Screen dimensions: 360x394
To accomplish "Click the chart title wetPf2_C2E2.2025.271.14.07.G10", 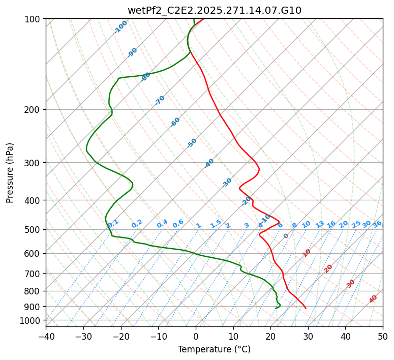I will point(214,10).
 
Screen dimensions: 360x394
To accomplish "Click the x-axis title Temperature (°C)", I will point(214,350).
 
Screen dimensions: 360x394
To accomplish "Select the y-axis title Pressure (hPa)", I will point(10,172).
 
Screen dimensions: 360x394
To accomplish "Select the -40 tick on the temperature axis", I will point(46,336).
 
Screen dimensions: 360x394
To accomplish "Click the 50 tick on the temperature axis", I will point(383,336).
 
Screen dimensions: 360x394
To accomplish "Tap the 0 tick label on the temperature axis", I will point(196,336).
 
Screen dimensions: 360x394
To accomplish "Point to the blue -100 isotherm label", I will point(121,27).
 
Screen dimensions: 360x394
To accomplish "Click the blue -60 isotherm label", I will point(175,122).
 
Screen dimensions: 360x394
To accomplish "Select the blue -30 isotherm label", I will point(227,183).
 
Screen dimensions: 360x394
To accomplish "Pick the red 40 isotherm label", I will point(373,299).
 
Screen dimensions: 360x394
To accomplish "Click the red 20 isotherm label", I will point(328,268).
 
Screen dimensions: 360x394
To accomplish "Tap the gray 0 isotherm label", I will point(286,236).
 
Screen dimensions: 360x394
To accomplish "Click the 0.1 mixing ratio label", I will point(113,223).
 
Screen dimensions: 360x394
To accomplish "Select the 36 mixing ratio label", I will point(377,224).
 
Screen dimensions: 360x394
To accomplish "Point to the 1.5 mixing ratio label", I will point(216,223).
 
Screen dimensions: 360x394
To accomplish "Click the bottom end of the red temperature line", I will point(306,308).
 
